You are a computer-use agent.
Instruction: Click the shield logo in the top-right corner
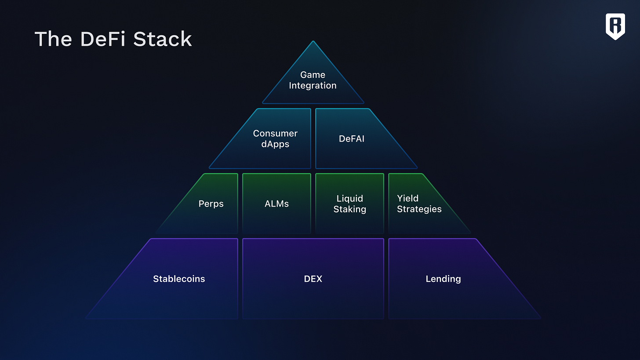point(615,26)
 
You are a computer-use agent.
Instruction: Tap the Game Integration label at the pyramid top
point(313,80)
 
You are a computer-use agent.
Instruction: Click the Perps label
point(211,204)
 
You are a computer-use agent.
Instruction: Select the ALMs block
point(276,204)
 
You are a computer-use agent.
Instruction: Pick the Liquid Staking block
point(349,204)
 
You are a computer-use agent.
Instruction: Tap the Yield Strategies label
point(419,204)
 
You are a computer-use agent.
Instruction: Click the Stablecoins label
point(179,279)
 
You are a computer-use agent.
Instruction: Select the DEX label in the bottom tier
point(313,279)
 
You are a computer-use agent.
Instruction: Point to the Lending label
point(443,279)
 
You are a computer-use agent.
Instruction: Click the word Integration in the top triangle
point(313,86)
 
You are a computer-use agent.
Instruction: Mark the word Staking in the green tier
point(349,209)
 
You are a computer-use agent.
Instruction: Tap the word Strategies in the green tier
point(419,209)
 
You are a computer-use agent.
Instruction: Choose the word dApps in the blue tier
point(275,144)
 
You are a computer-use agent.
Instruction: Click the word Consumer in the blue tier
point(275,133)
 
